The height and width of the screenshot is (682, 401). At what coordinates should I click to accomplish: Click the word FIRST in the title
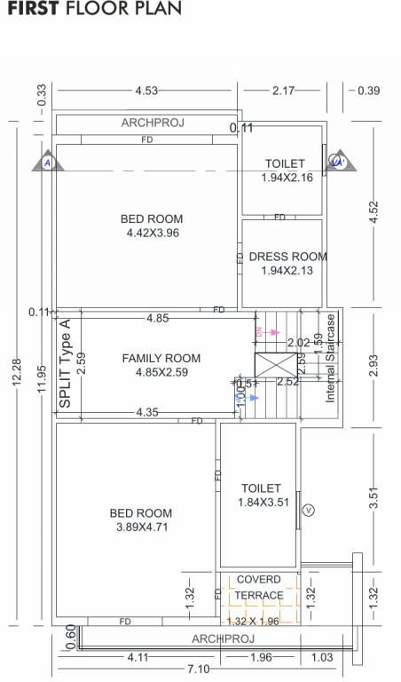[x=33, y=10]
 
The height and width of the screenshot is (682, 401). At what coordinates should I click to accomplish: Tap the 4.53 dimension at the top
[x=146, y=91]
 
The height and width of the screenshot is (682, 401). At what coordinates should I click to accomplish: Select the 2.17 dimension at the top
[x=284, y=91]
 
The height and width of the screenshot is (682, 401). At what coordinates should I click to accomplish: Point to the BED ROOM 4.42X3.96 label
[x=152, y=226]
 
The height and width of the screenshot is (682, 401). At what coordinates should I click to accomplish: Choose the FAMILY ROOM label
[x=161, y=365]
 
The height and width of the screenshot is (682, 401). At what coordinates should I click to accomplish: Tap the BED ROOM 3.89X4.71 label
[x=141, y=519]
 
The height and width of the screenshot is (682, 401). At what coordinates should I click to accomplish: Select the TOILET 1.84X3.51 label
[x=261, y=496]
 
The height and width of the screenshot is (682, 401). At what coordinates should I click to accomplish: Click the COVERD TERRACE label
[x=259, y=588]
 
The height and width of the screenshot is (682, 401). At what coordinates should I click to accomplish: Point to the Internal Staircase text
[x=330, y=357]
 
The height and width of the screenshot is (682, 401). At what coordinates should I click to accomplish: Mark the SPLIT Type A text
[x=65, y=364]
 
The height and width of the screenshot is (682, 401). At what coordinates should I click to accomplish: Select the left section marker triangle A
[x=44, y=163]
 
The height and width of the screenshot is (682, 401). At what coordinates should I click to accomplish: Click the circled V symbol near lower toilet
[x=309, y=510]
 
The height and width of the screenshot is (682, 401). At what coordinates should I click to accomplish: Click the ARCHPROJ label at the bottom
[x=223, y=638]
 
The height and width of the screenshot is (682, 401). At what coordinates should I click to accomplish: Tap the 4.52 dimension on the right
[x=373, y=212]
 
